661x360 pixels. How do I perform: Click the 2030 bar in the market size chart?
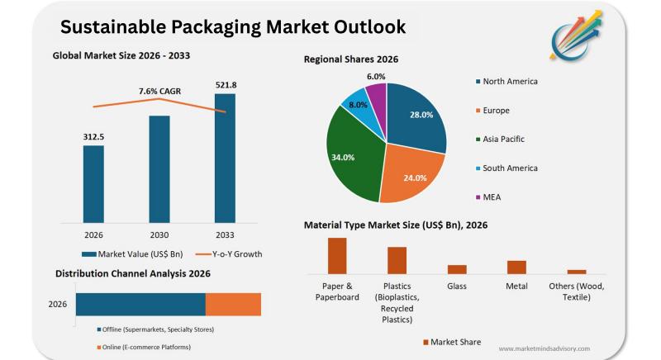(159, 168)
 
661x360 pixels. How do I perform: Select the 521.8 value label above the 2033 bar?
(225, 85)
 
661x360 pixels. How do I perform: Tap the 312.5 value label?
(93, 136)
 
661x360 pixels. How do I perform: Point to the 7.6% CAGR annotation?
(159, 91)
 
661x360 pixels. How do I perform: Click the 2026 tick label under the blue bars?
(93, 234)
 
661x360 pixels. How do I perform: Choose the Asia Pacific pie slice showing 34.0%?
(353, 157)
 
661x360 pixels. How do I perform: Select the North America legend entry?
(510, 82)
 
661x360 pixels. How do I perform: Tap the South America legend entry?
(510, 168)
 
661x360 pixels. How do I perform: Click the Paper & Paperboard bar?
(337, 255)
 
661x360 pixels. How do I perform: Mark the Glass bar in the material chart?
(457, 268)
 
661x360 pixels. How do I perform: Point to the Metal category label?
(516, 287)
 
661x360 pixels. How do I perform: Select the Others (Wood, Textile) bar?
(577, 271)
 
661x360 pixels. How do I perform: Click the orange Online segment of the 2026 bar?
(233, 304)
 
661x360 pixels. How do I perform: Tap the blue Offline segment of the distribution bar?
(140, 304)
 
